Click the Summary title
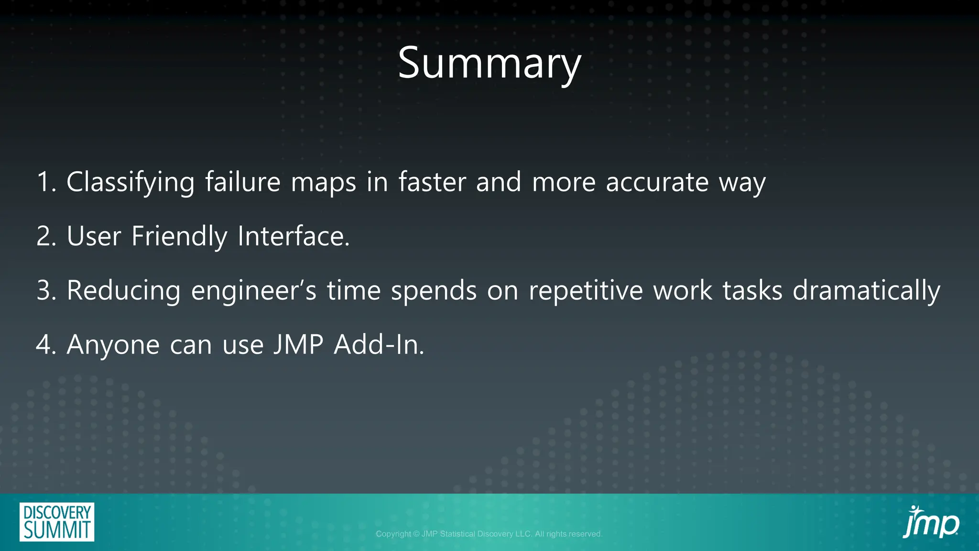(x=489, y=64)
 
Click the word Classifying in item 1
(x=130, y=182)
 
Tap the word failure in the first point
(x=242, y=182)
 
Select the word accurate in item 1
(x=657, y=182)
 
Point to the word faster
(x=432, y=182)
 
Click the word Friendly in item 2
(x=179, y=236)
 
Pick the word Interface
(x=294, y=236)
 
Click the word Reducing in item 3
(x=123, y=291)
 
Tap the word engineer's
(x=253, y=291)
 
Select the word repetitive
(x=586, y=291)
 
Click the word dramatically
(x=866, y=291)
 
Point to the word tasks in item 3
(x=752, y=291)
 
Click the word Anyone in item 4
(x=113, y=345)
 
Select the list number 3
(x=46, y=291)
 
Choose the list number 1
(x=46, y=182)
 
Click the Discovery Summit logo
(x=57, y=522)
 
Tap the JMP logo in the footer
(x=930, y=523)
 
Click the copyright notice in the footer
(x=489, y=534)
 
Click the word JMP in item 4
(x=298, y=345)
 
